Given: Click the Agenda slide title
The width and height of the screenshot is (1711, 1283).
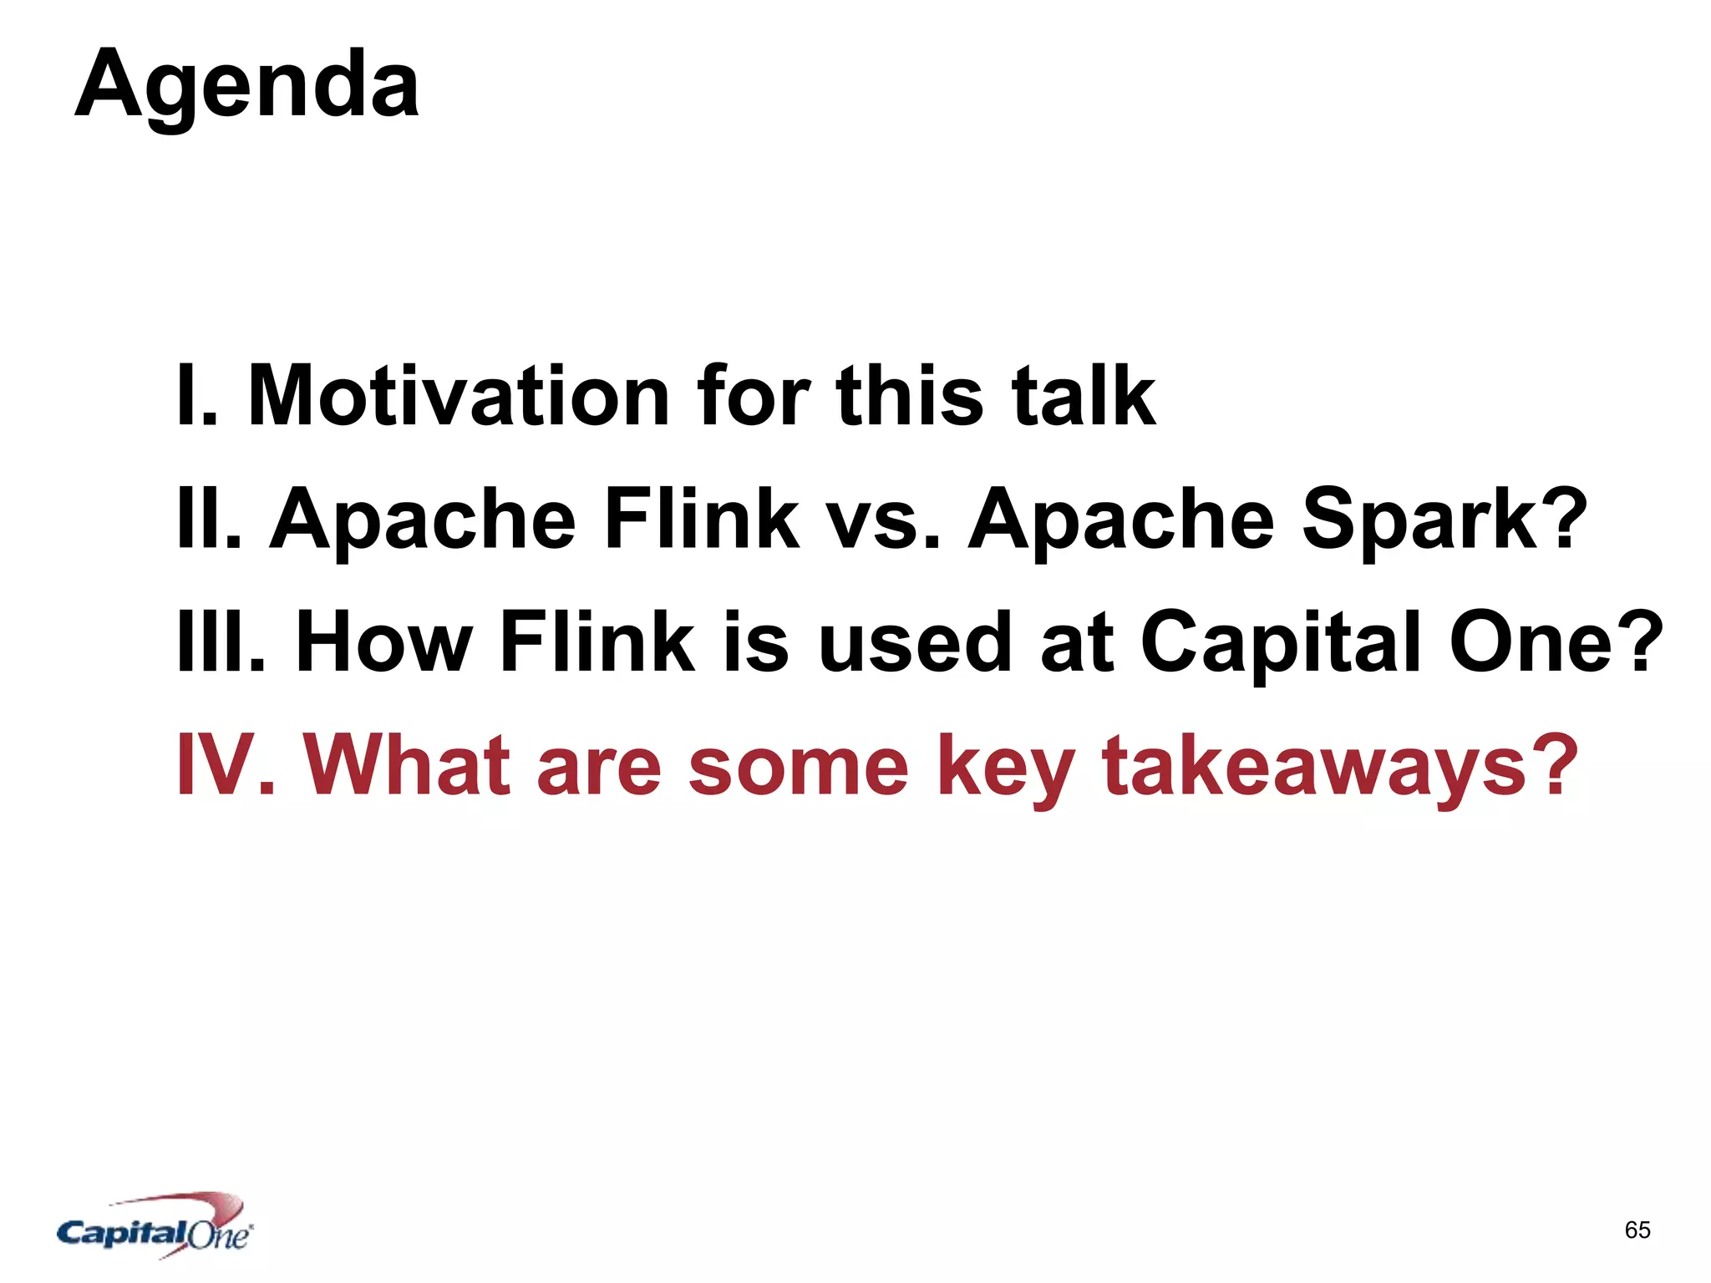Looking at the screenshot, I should coord(247,86).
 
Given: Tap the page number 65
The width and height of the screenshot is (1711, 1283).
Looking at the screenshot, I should coord(1637,1230).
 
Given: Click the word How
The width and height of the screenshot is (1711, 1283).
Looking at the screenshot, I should coord(384,641).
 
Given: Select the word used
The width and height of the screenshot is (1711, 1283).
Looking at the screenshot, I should coord(915,641).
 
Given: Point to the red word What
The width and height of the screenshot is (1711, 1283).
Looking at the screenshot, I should coord(407,765).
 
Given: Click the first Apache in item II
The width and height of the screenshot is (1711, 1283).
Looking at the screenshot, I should coord(423,521).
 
